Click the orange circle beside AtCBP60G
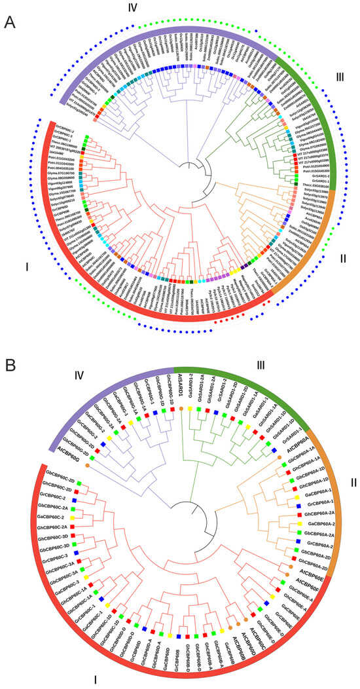[86, 428]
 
